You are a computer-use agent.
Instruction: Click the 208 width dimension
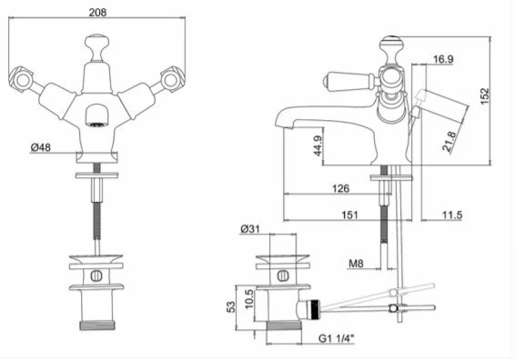pos(97,13)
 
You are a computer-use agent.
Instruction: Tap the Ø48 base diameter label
pos(41,147)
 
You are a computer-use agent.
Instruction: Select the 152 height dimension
pos(484,96)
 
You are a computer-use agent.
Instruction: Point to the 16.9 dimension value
pos(443,59)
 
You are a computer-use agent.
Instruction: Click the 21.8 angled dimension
pos(449,142)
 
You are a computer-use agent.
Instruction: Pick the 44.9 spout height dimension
pos(318,145)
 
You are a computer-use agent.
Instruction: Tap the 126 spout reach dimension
pos(340,188)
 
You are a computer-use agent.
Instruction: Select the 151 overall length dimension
pos(349,215)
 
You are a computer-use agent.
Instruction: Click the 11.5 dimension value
pos(452,215)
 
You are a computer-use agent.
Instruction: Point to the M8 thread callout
pos(356,264)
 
